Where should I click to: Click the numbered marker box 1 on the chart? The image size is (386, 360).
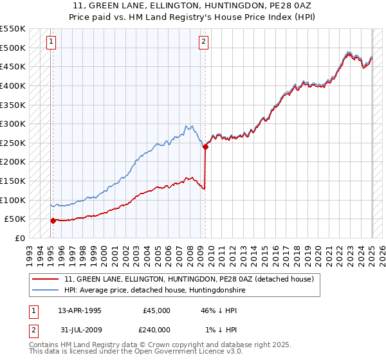(x=51, y=42)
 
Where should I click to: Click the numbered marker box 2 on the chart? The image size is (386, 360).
(x=203, y=42)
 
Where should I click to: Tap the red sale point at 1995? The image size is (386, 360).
(x=53, y=221)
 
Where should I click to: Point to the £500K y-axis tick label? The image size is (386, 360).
(x=13, y=48)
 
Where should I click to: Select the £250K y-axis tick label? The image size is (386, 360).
(x=13, y=143)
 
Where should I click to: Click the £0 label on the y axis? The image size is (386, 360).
(x=21, y=238)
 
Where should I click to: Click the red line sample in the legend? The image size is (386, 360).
(x=46, y=280)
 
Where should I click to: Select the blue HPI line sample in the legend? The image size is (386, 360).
(x=46, y=291)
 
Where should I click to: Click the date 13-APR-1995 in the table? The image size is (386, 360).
(x=79, y=310)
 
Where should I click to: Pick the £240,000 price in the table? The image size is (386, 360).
(x=156, y=329)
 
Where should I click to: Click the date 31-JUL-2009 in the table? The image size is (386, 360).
(x=79, y=329)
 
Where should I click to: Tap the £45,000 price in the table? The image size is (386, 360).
(x=156, y=310)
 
